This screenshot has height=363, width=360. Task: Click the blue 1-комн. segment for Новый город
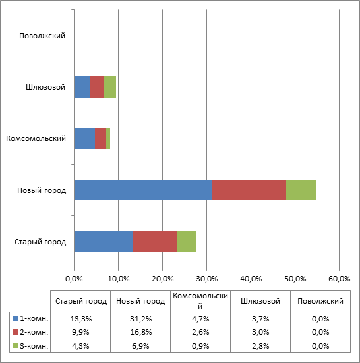pos(143,190)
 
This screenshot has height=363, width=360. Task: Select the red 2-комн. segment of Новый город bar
pos(249,190)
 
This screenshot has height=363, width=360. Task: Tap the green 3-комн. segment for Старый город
pos(186,242)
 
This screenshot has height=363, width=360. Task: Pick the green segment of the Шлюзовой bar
pos(110,87)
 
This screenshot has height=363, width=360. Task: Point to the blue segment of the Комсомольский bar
pos(84,138)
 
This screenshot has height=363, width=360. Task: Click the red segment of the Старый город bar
pos(155,242)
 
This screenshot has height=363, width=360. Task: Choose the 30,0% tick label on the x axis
pos(206,279)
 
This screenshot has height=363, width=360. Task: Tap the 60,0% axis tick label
pos(339,279)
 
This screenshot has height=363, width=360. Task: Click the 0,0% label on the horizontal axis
pos(74,279)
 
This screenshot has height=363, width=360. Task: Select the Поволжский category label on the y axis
pos(42,36)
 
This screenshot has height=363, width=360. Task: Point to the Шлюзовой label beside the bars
pos(45,87)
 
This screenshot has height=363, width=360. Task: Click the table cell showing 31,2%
pos(140,319)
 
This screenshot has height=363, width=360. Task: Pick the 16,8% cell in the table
pos(140,332)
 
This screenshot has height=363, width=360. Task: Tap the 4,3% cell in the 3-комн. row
pos(80,346)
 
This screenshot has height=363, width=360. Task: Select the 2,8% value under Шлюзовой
pos(260,346)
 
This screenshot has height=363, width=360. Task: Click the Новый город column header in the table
pos(140,301)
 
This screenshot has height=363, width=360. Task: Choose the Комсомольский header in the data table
pos(200,301)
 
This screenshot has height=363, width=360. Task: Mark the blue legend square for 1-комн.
pos(15,318)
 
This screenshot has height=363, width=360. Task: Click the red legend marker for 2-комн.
pos(15,332)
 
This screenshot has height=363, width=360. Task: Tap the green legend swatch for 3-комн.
pos(15,346)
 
